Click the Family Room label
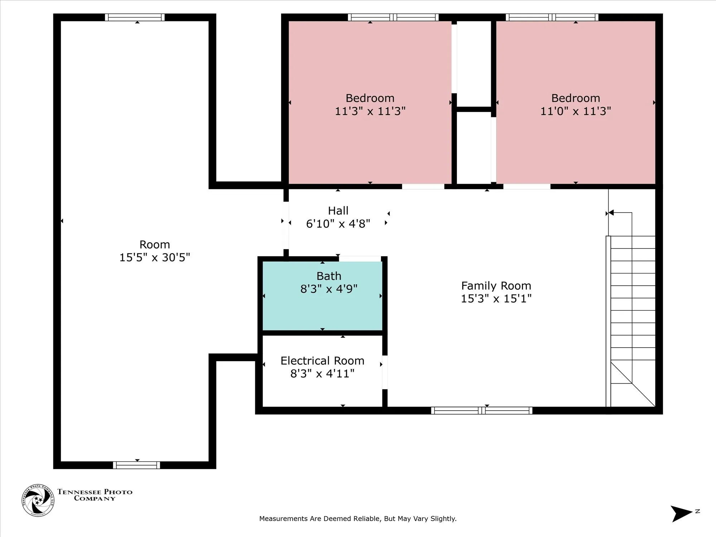coord(496,286)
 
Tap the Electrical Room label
coord(322,361)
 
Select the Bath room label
coord(329,276)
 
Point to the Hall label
coord(338,211)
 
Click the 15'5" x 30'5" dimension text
coord(155,257)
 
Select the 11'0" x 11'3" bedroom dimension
coord(576,111)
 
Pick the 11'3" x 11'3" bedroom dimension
coord(370,111)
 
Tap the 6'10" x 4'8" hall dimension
coord(338,224)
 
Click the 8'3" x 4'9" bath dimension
coord(329,289)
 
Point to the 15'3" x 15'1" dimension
coord(496,299)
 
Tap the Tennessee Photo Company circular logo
coord(38,500)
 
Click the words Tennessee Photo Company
coord(95,495)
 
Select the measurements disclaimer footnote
coord(358,519)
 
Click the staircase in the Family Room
coord(631,321)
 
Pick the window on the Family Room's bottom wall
coord(482,411)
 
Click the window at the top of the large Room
coord(135,17)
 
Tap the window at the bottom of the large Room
coord(137,465)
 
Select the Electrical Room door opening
coord(385,372)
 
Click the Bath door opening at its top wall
coord(360,259)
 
